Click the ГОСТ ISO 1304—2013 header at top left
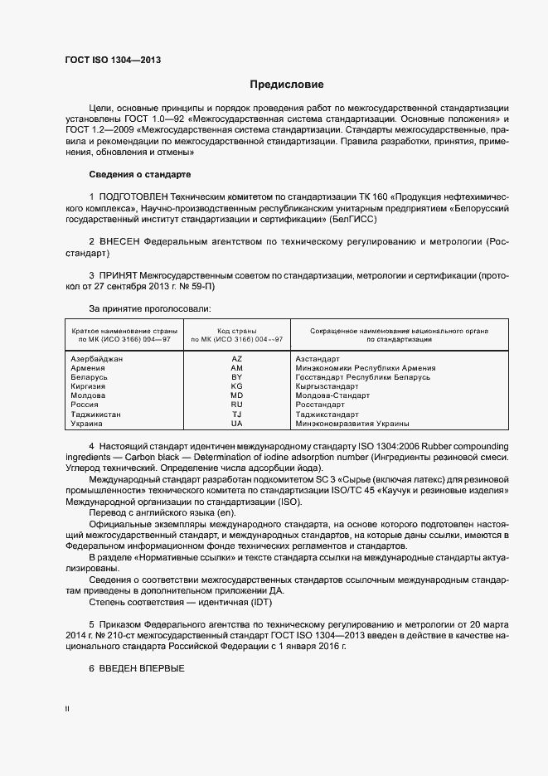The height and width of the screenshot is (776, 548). pyautogui.click(x=112, y=59)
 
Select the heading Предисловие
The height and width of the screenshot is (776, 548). pyautogui.click(x=287, y=85)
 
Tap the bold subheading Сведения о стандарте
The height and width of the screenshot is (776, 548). pyautogui.click(x=139, y=175)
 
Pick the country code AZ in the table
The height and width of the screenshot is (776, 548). pyautogui.click(x=236, y=358)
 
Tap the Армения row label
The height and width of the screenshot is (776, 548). pyautogui.click(x=88, y=367)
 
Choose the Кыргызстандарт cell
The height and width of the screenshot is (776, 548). pyautogui.click(x=327, y=386)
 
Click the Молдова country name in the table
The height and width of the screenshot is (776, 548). pyautogui.click(x=89, y=395)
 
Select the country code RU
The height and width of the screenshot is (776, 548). pyautogui.click(x=236, y=405)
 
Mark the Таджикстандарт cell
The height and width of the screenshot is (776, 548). pyautogui.click(x=327, y=414)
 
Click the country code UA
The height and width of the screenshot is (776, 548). pyautogui.click(x=236, y=423)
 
